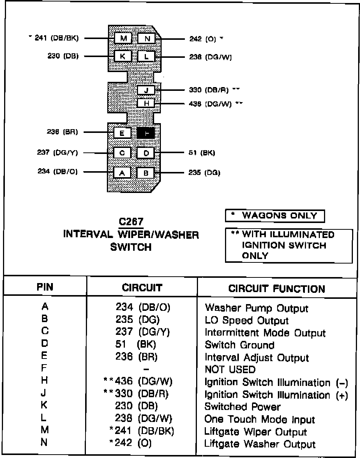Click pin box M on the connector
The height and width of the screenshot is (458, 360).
[x=123, y=38]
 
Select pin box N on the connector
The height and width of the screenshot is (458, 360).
[x=147, y=38]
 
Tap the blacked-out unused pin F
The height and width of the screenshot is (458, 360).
[x=146, y=133]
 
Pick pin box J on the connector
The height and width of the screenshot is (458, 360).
[x=146, y=90]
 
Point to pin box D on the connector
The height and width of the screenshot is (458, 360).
[x=146, y=153]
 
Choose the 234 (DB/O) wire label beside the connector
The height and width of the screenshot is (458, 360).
[x=58, y=172]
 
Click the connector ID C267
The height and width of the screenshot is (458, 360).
[x=133, y=221]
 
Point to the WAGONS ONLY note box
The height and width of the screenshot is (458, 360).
[x=275, y=216]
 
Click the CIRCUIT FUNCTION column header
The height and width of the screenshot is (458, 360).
[x=277, y=289]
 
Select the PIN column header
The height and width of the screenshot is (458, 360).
[x=45, y=288]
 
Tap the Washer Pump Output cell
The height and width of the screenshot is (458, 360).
[x=256, y=309]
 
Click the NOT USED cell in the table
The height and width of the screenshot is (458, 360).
[x=230, y=369]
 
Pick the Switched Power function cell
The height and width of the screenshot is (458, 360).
[x=242, y=407]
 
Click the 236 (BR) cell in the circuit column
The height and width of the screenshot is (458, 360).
[x=136, y=357]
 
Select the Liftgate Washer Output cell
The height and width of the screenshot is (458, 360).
[x=260, y=444]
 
